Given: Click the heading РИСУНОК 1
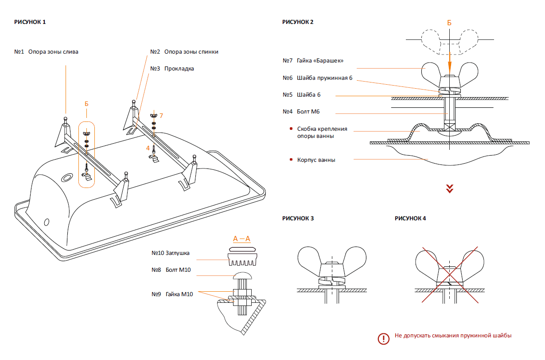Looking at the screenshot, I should pyautogui.click(x=30, y=22).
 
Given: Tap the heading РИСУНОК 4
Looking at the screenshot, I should pyautogui.click(x=410, y=218).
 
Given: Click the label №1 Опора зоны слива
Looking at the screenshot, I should pyautogui.click(x=47, y=52).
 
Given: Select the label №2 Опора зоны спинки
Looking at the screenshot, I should pyautogui.click(x=184, y=52).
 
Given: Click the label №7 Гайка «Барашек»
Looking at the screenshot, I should pyautogui.click(x=313, y=61).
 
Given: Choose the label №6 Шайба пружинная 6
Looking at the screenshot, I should pyautogui.click(x=318, y=78).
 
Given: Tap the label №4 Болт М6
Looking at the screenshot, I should pyautogui.click(x=301, y=112).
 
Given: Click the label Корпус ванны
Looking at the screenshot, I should pyautogui.click(x=316, y=160).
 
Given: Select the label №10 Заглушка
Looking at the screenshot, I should pyautogui.click(x=171, y=253).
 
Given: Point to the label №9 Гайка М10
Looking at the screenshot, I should pyautogui.click(x=172, y=294).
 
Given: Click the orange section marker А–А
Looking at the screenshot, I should pyautogui.click(x=242, y=239).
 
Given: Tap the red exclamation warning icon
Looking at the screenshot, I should pyautogui.click(x=383, y=339).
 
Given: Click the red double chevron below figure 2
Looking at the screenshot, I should pyautogui.click(x=450, y=189).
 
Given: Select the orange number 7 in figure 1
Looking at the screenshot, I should pyautogui.click(x=161, y=116).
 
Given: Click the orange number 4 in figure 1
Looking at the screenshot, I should pyautogui.click(x=148, y=148).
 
